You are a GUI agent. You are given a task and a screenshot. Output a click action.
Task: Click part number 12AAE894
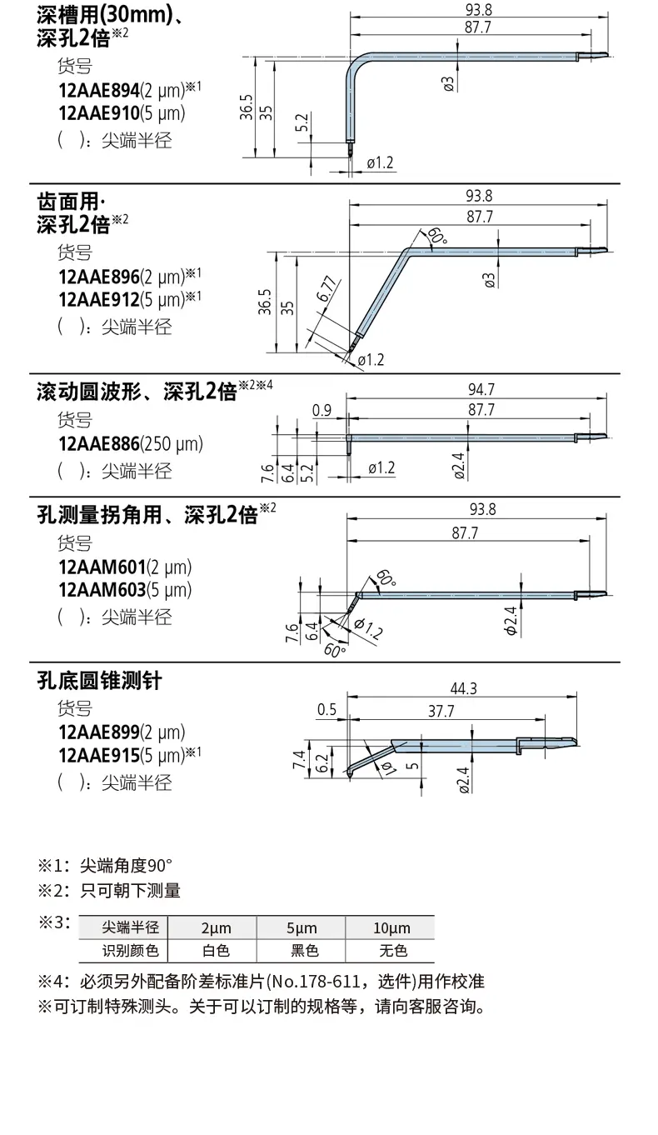[x=99, y=90]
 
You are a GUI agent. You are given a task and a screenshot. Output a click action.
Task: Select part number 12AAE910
[x=99, y=113]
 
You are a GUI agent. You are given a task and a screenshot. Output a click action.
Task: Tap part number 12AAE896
[x=99, y=277]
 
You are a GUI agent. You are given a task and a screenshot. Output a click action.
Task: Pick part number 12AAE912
[x=99, y=299]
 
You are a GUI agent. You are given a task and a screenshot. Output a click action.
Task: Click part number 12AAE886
[x=99, y=444]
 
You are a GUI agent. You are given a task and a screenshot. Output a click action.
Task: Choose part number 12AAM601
[x=102, y=567]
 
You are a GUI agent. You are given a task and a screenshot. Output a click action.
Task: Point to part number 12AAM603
[x=102, y=590]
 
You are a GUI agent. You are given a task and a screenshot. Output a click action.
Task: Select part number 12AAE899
[x=99, y=732]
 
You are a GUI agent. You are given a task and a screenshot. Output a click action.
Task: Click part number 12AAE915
[x=99, y=756]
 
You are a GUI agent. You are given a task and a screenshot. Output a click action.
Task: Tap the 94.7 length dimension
[x=481, y=390]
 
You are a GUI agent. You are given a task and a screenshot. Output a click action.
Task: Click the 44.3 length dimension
[x=463, y=688]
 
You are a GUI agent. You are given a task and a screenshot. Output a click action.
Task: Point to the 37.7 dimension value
[x=441, y=711]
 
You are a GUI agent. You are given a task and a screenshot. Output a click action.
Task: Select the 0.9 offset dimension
[x=322, y=411]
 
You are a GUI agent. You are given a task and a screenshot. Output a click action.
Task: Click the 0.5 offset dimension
[x=327, y=709]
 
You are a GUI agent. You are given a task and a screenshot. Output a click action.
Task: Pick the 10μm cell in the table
[x=391, y=927]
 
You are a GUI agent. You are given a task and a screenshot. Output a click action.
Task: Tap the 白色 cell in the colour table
[x=216, y=951]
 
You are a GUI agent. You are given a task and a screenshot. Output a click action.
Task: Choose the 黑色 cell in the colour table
[x=305, y=951]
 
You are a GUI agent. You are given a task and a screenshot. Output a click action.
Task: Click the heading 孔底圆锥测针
[x=99, y=681]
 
